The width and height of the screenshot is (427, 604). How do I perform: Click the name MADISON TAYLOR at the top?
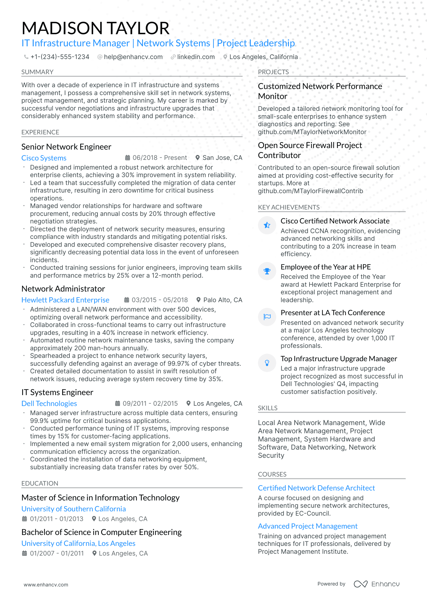[x=95, y=28]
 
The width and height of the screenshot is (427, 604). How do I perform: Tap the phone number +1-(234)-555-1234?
[x=60, y=57]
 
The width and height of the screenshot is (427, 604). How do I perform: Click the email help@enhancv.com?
[x=133, y=57]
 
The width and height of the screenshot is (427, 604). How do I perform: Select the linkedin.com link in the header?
[x=196, y=57]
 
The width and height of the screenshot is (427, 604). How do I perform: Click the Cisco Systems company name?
[x=44, y=158]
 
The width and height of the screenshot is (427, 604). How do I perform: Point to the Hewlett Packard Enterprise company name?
[x=65, y=300]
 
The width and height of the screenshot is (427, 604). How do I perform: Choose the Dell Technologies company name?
[x=49, y=404]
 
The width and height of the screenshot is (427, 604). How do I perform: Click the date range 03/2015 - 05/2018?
[x=160, y=300]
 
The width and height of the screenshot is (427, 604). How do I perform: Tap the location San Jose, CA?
[x=222, y=158]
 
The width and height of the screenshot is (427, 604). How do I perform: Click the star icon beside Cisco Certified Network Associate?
[x=267, y=225]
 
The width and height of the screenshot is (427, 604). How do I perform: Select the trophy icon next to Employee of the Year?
[x=267, y=271]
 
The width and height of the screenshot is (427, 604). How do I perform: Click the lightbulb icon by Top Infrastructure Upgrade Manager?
[x=267, y=363]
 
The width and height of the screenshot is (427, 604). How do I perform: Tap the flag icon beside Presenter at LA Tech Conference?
[x=267, y=317]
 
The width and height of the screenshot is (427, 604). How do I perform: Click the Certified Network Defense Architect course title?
[x=316, y=488]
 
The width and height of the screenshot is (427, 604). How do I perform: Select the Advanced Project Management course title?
[x=308, y=526]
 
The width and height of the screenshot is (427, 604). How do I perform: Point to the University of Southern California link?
[x=74, y=509]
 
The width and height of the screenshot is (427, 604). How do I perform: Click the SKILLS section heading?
[x=268, y=408]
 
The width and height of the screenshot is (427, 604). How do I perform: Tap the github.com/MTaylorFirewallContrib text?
[x=310, y=191]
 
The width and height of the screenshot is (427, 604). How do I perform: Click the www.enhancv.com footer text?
[x=46, y=585]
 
